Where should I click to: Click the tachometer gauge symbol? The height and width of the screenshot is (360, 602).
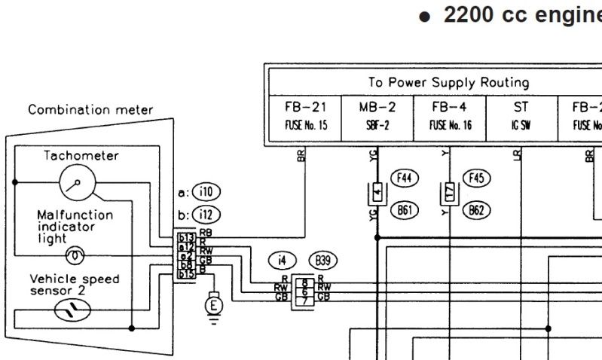coord(77,182)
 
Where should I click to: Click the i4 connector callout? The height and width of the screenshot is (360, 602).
coord(282,261)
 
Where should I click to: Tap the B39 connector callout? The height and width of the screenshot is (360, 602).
coord(323,261)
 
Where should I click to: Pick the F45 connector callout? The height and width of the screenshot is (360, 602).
coord(475,178)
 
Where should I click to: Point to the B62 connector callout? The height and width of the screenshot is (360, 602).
coord(475,211)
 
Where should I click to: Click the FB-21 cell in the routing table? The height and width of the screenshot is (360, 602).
coord(306,114)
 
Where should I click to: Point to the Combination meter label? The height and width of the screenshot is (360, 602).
coord(90,111)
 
